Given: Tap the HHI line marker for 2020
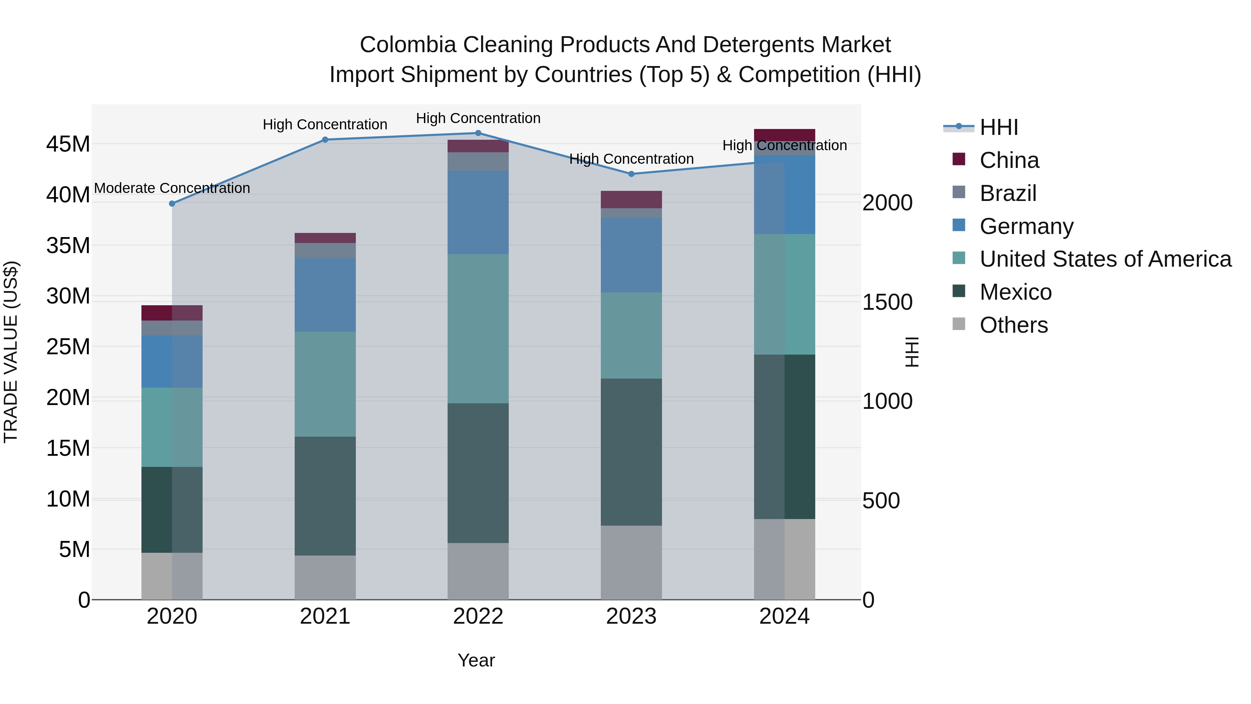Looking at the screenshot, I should (172, 204).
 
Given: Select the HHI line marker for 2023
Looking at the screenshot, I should (631, 174).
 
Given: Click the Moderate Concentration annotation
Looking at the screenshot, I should (172, 188).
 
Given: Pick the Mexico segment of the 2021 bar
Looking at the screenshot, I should (325, 495).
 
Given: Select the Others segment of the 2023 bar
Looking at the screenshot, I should (631, 562).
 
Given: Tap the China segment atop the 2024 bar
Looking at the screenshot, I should (784, 135).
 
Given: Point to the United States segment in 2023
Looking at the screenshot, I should (631, 335).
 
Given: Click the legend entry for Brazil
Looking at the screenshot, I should (1008, 193).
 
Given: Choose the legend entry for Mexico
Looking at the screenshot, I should (1015, 292).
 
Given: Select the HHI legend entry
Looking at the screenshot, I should (998, 127).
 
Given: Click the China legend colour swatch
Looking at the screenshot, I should (959, 159).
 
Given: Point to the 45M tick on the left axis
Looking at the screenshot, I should (68, 144).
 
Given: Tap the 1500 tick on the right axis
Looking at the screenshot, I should (887, 302).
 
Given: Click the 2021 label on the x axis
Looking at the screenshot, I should (325, 616).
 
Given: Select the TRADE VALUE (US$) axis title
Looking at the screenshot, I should (11, 352).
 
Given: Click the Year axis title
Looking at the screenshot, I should (476, 660).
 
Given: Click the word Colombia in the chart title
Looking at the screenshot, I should (408, 45).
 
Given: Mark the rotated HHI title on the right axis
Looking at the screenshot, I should (912, 352).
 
